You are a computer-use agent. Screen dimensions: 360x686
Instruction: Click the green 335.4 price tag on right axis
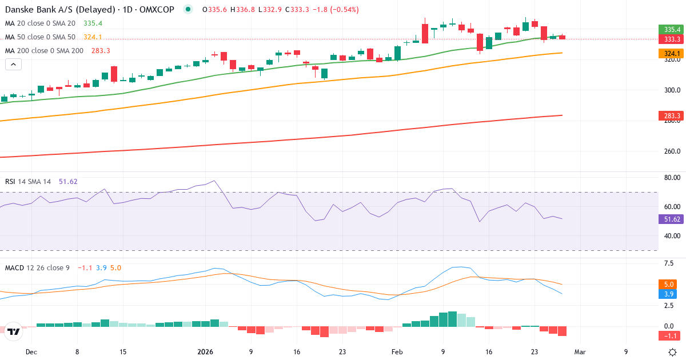pos(672,30)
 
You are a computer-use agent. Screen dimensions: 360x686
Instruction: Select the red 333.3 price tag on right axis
pos(672,39)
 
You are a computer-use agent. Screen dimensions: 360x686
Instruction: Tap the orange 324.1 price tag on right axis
pos(672,54)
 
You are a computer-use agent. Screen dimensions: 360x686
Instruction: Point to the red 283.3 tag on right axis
pos(672,116)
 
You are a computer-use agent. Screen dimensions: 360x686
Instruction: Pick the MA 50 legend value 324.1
pos(93,37)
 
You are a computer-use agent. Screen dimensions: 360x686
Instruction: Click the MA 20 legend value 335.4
pos(93,23)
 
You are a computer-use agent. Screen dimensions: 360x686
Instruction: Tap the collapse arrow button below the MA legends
pos(13,65)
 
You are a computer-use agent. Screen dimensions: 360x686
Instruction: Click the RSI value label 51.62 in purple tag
pos(672,219)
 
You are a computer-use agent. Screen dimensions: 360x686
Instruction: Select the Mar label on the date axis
pos(580,352)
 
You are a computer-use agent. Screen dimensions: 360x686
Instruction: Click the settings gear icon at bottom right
pos(673,352)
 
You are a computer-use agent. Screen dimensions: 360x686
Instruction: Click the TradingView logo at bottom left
pos(14,331)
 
